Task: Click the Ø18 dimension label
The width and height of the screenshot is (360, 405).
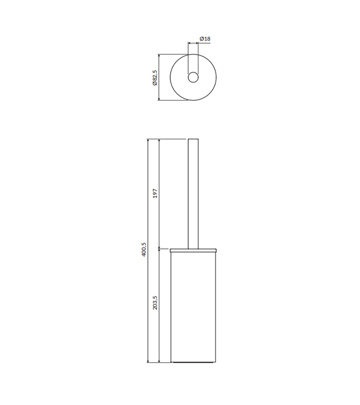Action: click(205, 39)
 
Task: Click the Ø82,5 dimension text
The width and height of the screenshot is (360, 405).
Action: click(155, 77)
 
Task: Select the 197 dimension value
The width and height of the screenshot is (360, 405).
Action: click(155, 193)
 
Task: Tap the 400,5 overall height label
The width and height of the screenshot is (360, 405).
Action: click(144, 249)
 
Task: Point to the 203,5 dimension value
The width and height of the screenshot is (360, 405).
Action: click(155, 303)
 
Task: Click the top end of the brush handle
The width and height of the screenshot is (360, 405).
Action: click(193, 139)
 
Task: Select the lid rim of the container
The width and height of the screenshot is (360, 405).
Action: click(193, 250)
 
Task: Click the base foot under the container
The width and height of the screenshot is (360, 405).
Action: click(193, 362)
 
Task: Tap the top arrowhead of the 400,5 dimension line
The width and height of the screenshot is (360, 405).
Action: click(148, 140)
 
